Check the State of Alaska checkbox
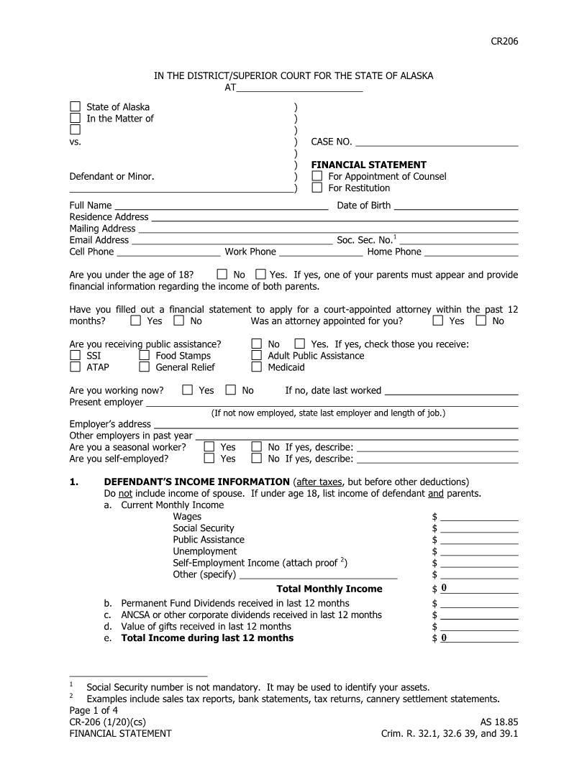75,107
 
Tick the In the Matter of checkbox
75,119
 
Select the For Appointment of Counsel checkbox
317,176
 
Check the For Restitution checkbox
317,188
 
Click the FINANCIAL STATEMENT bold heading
368,165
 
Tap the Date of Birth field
456,206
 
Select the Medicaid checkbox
256,367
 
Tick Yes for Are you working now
188,390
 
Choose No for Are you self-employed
256,459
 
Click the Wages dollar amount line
479,516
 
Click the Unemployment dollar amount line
479,551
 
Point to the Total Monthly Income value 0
445,589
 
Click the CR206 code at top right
504,41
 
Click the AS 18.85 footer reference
499,722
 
